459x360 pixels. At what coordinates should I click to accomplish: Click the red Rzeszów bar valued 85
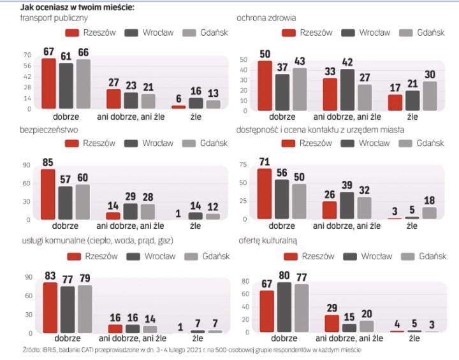[x=48, y=194]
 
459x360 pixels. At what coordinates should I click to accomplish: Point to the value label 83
[x=50, y=275]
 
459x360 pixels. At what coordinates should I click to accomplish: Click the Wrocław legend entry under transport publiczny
[x=141, y=32]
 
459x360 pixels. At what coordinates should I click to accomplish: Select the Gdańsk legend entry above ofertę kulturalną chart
[x=415, y=256]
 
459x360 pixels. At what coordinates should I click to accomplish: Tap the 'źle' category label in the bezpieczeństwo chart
[x=195, y=226]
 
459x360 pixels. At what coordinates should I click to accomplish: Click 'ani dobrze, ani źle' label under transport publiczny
[x=130, y=117]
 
